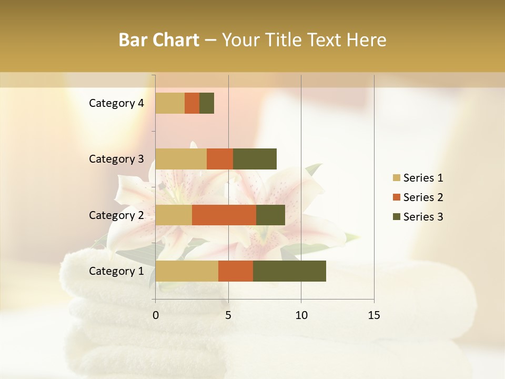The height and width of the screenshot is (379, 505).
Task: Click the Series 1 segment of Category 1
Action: click(x=187, y=271)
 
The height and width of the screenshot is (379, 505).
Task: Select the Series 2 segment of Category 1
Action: click(x=236, y=271)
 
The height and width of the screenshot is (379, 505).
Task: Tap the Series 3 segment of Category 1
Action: click(x=289, y=271)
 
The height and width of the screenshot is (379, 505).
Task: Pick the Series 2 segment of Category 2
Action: click(x=224, y=215)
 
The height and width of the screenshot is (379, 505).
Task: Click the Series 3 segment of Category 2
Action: click(x=270, y=215)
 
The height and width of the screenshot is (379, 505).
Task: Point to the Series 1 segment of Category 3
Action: click(x=181, y=159)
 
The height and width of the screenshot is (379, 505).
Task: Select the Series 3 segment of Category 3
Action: click(x=255, y=159)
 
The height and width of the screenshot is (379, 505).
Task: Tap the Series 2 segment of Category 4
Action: click(x=192, y=103)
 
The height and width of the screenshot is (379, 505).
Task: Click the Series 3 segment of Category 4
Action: click(x=207, y=103)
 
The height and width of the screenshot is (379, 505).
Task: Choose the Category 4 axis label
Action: click(x=116, y=103)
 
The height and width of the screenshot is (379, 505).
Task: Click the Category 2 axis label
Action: click(x=116, y=215)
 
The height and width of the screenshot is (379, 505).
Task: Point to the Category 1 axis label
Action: click(x=116, y=271)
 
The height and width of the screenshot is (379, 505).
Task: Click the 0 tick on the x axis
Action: click(x=156, y=315)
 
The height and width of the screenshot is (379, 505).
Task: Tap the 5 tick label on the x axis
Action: click(x=228, y=315)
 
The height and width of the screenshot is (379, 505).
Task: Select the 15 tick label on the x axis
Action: click(x=373, y=315)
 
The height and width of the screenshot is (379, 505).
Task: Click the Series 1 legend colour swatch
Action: click(x=396, y=178)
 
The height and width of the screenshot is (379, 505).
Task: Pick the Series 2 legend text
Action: click(x=423, y=197)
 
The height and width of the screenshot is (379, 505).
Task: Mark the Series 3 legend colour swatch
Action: click(x=396, y=217)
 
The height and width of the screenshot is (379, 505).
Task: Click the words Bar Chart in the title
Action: click(x=159, y=40)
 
